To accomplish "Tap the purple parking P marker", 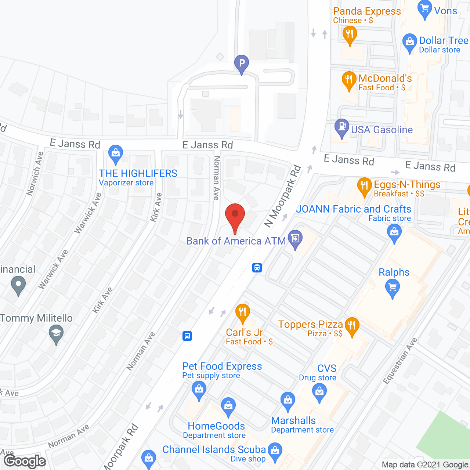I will [x=242, y=64].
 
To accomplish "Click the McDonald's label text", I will [x=385, y=79].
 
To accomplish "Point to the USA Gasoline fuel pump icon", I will [x=342, y=127].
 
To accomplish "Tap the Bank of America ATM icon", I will [x=295, y=238].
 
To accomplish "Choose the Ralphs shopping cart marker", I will [x=393, y=288].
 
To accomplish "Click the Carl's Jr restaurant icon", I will [x=242, y=312].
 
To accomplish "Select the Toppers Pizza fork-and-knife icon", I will [x=352, y=326].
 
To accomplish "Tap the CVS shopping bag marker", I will [x=319, y=392].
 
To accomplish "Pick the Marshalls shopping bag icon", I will [x=288, y=401].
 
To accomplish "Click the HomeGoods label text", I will [x=216, y=426].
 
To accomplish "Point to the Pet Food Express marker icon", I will [x=199, y=390].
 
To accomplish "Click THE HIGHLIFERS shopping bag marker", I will [x=115, y=153].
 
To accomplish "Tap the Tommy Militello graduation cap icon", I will [x=56, y=334].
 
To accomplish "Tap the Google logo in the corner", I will [x=25, y=461].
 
